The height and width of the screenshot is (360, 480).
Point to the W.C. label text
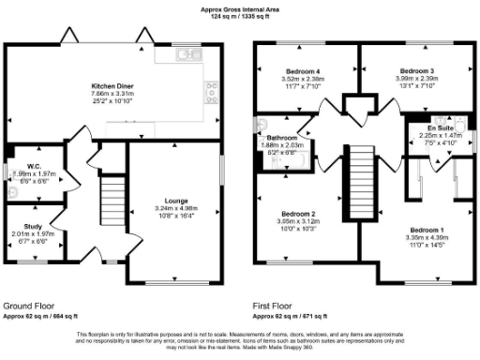32,166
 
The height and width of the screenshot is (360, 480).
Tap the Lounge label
175,201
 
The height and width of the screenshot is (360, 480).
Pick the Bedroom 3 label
416,71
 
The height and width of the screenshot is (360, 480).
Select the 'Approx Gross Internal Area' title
240,9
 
